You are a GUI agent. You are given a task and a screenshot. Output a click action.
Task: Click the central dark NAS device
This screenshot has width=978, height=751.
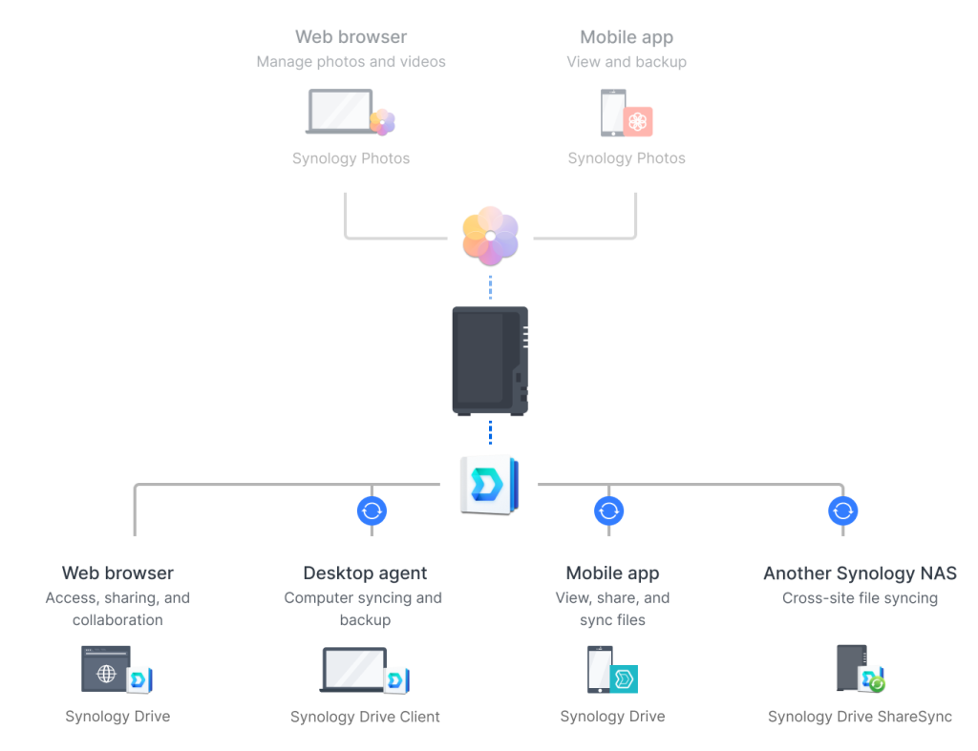(490, 361)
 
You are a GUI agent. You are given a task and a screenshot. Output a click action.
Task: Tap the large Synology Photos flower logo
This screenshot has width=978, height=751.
(490, 236)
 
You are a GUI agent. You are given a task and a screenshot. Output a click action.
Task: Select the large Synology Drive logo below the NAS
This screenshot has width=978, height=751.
(490, 485)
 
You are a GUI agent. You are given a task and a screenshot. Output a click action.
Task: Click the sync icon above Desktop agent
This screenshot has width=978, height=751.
(372, 511)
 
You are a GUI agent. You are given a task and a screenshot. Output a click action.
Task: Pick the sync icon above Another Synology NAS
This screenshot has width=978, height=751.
(843, 511)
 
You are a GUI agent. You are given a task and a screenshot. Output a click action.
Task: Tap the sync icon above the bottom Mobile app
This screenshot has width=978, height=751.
(608, 511)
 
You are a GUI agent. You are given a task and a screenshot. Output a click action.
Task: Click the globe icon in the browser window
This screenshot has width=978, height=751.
(106, 673)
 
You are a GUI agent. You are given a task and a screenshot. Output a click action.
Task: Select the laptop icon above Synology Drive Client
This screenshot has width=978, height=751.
(353, 669)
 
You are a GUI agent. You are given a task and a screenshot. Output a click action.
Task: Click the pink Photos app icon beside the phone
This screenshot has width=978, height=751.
(637, 121)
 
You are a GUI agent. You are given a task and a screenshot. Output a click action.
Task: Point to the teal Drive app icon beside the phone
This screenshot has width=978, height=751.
(624, 678)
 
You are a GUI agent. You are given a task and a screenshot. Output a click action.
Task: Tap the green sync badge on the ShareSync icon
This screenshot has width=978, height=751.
(877, 684)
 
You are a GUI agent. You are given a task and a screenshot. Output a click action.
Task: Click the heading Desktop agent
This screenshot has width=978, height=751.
(365, 573)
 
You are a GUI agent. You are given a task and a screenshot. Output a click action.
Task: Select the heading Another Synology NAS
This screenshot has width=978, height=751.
(861, 573)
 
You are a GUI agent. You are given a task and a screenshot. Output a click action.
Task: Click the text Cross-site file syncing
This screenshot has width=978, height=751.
(861, 597)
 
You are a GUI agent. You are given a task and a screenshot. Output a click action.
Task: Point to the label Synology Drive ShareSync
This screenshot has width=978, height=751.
(861, 716)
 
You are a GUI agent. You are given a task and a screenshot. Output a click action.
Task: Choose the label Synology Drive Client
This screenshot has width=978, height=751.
(365, 717)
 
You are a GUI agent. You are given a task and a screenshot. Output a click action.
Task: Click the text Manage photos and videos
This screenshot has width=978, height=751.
(351, 62)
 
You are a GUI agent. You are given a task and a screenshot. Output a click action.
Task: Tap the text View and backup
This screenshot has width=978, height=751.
(627, 62)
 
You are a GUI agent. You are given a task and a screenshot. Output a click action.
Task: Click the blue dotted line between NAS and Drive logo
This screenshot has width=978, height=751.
(490, 432)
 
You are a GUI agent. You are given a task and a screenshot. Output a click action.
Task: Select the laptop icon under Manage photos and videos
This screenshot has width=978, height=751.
(341, 112)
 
